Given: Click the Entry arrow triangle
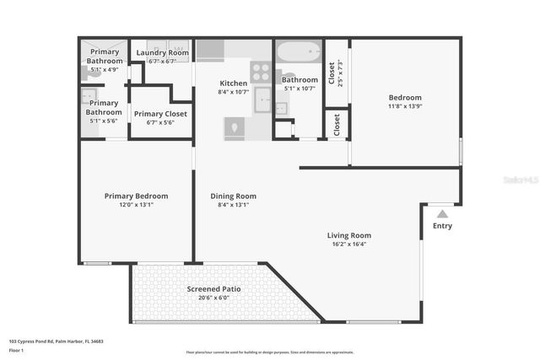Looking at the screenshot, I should pyautogui.click(x=442, y=214).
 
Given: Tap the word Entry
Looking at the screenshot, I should pyautogui.click(x=442, y=226).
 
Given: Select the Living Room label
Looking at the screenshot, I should pyautogui.click(x=348, y=235).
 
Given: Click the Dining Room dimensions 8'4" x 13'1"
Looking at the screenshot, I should pyautogui.click(x=233, y=205).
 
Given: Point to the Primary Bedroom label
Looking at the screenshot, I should pyautogui.click(x=136, y=196).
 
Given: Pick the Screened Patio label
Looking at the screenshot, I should pyautogui.click(x=213, y=289).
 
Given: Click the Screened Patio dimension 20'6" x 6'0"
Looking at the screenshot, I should pyautogui.click(x=213, y=298).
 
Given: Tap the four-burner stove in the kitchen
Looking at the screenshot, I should pyautogui.click(x=261, y=72).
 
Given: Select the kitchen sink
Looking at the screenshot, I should pyautogui.click(x=262, y=99).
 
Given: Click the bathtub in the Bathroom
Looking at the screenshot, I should pyautogui.click(x=300, y=52).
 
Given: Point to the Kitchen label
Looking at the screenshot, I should pyautogui.click(x=233, y=83).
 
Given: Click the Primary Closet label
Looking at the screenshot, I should pyautogui.click(x=160, y=114).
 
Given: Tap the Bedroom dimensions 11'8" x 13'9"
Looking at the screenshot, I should pyautogui.click(x=404, y=106).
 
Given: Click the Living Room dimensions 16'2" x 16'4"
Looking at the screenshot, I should pyautogui.click(x=348, y=244).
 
